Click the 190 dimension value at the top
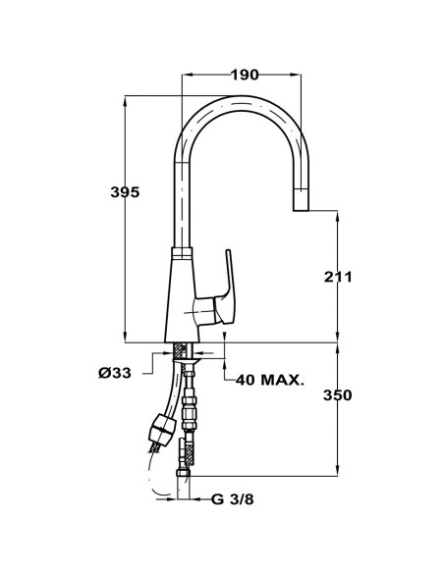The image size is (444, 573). pos(246,76)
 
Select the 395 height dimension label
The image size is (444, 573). pos(125,192)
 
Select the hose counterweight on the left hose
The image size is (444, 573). pos(161,428)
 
